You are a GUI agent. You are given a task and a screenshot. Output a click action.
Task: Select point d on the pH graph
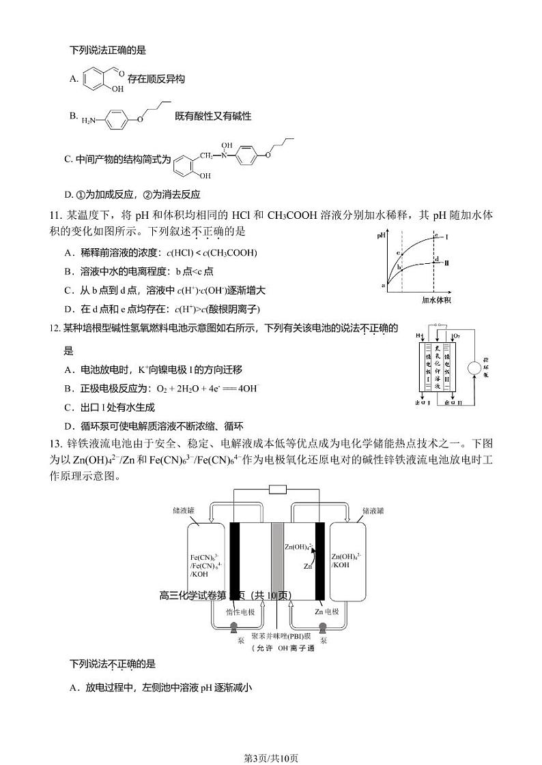436,259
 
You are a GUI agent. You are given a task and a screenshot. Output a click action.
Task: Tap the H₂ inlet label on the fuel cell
418,337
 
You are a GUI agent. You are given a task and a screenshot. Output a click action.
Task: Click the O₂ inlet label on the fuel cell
457,337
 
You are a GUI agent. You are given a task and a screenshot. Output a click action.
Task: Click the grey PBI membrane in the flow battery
277,560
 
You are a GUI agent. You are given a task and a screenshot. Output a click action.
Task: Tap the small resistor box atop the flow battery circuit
277,489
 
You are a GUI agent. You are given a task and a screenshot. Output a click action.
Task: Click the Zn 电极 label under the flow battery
326,612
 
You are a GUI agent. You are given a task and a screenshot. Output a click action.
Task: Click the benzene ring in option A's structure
94,78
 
